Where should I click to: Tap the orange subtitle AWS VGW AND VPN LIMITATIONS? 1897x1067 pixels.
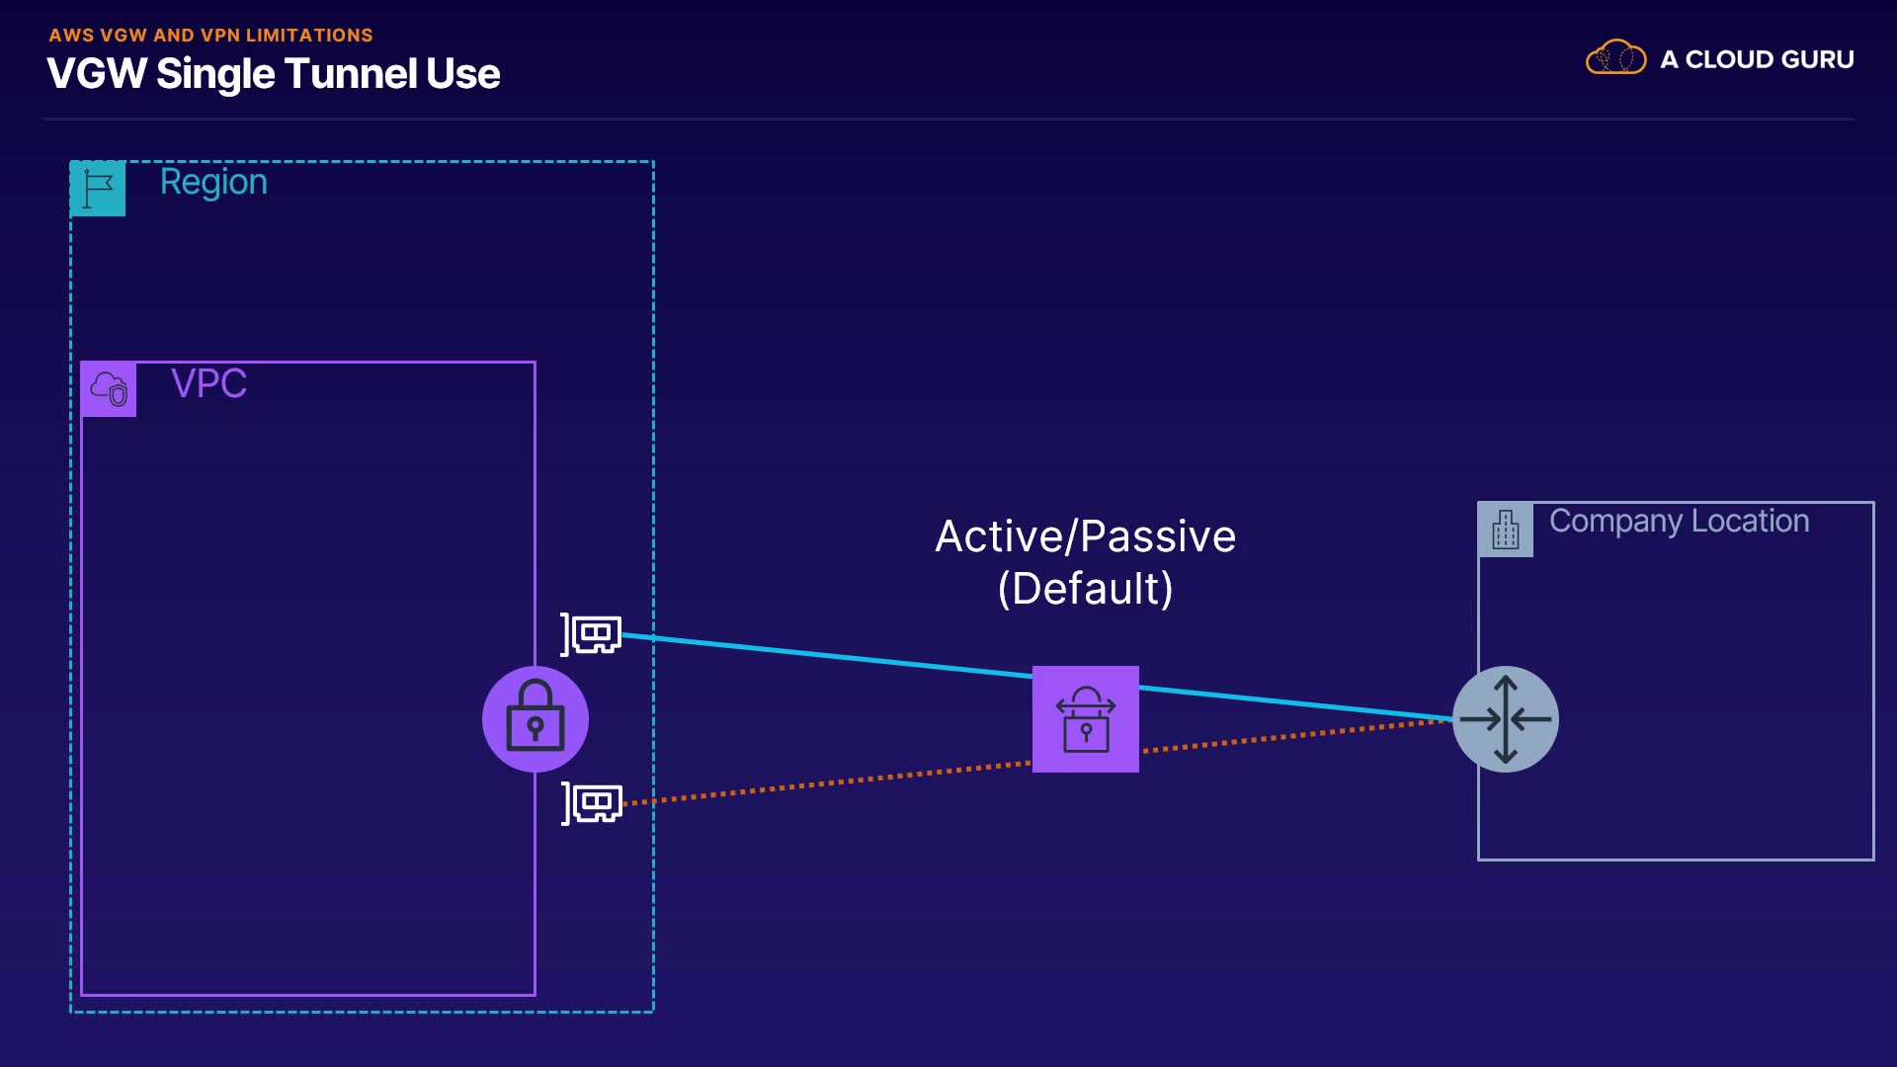coord(211,36)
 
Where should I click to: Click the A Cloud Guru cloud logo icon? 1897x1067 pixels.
coord(1615,57)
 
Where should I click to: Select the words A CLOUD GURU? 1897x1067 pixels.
coord(1757,59)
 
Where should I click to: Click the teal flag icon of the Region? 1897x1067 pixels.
coord(98,188)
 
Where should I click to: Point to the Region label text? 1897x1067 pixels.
coord(213,183)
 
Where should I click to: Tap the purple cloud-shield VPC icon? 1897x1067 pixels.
coord(109,389)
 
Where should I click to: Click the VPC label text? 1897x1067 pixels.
coord(208,383)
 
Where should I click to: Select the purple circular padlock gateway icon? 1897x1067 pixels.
coord(536,719)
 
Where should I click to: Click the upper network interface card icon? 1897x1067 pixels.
coord(591,633)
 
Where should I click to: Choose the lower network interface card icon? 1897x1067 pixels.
coord(591,803)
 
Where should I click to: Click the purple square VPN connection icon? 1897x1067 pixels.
coord(1086,719)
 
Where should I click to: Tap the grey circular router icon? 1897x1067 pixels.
coord(1506,719)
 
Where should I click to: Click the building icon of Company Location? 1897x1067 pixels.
coord(1506,530)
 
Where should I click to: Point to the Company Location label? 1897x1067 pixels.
coord(1679,522)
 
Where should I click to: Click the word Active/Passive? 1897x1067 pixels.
coord(1085,536)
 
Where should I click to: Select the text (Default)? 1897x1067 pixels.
coord(1085,589)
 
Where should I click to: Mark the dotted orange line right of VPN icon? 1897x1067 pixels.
coord(1296,736)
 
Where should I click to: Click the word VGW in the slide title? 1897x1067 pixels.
coord(97,74)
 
